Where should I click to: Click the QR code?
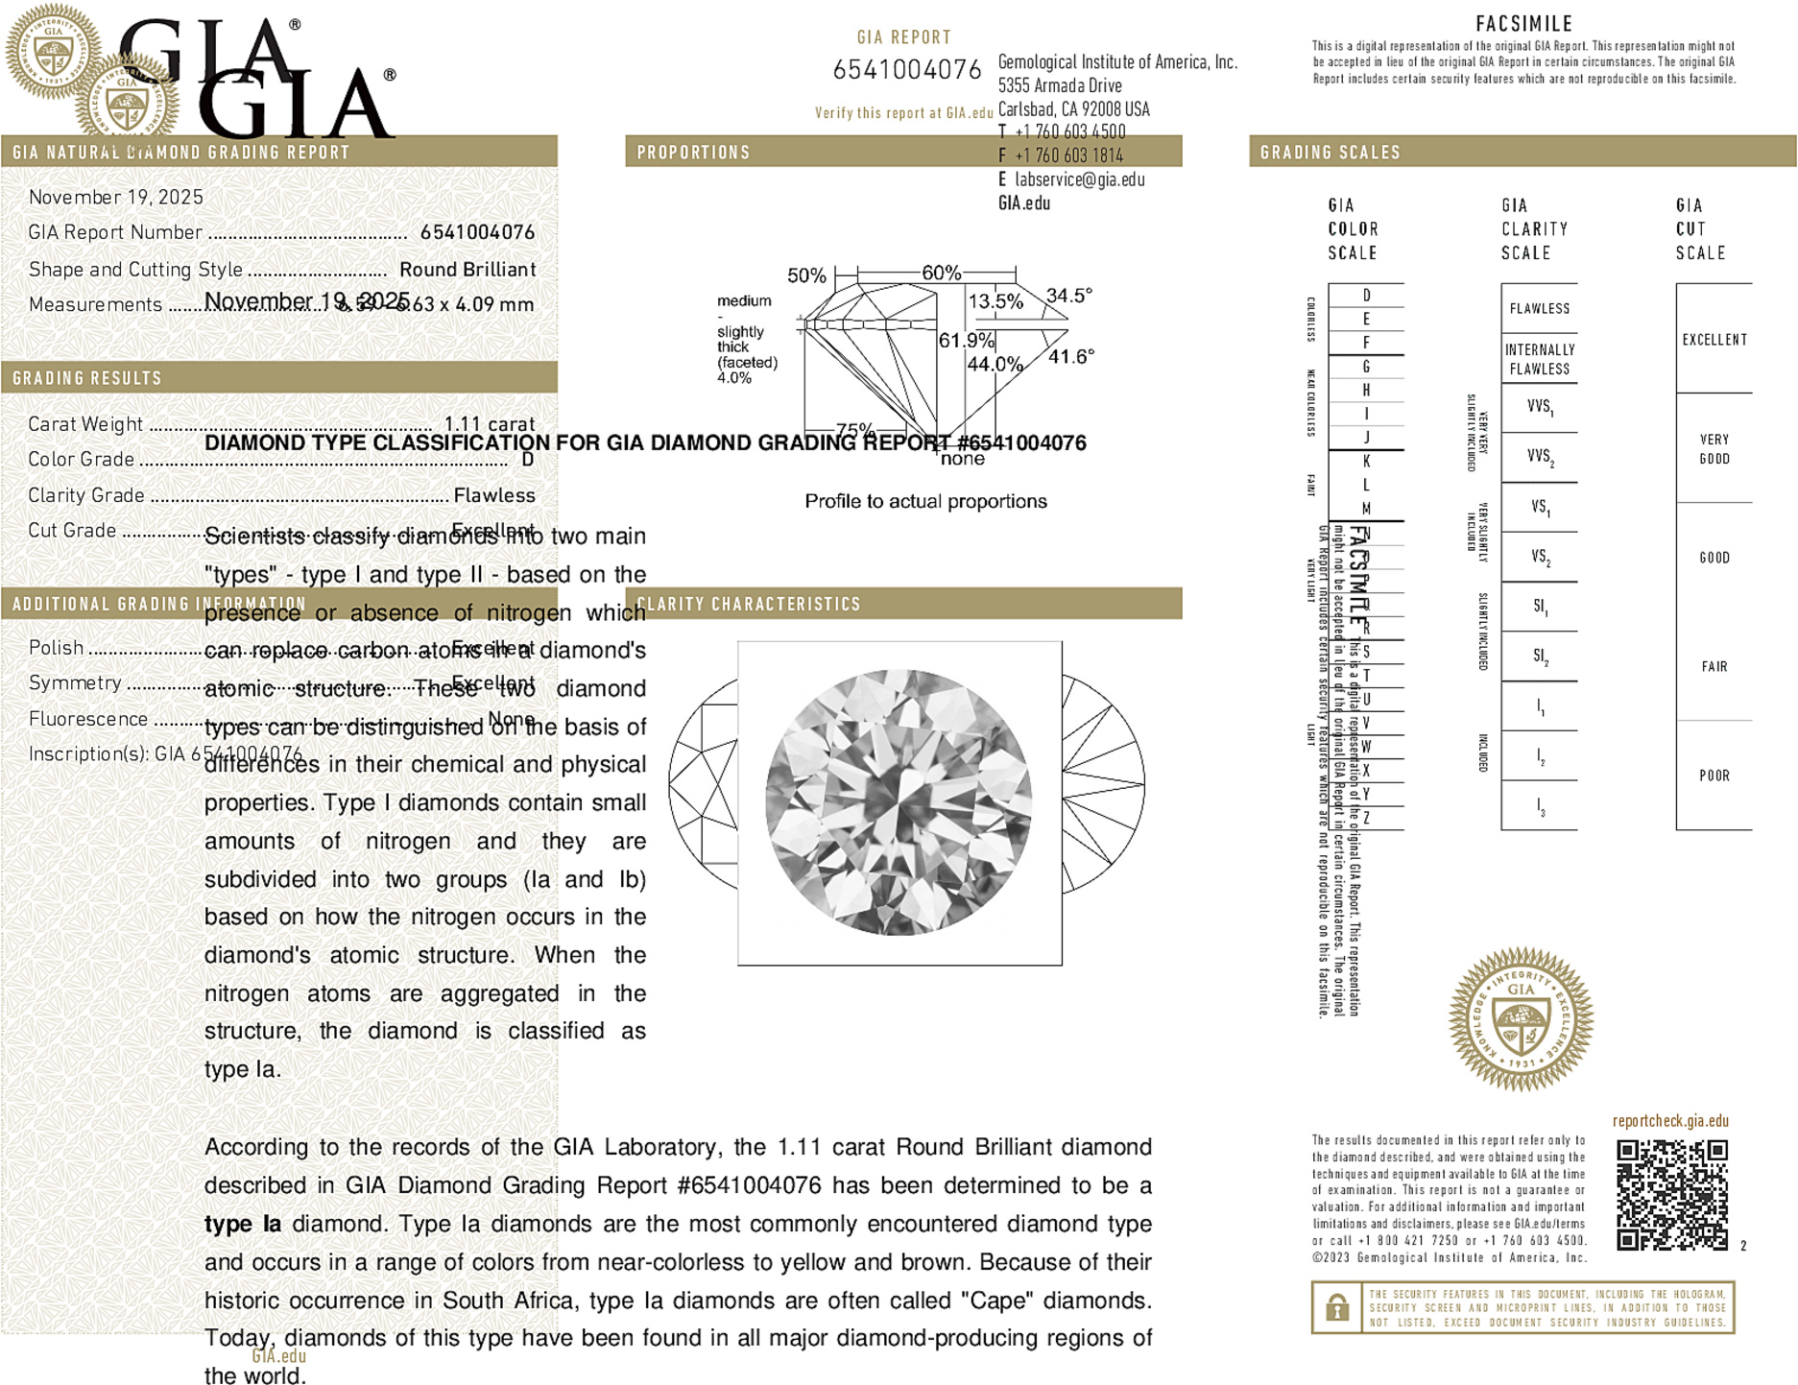pyautogui.click(x=1671, y=1194)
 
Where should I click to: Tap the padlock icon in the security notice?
pyautogui.click(x=1336, y=1307)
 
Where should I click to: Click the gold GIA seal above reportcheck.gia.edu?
pyautogui.click(x=1521, y=1019)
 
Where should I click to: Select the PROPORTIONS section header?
pyautogui.click(x=693, y=153)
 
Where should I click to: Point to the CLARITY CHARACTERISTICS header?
pyautogui.click(x=749, y=604)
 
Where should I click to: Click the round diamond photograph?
pyautogui.click(x=899, y=802)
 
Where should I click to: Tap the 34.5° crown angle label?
pyautogui.click(x=1068, y=296)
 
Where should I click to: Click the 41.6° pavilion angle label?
pyautogui.click(x=1070, y=357)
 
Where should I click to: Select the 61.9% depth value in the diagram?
pyautogui.click(x=966, y=341)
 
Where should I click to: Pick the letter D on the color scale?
pyautogui.click(x=1366, y=296)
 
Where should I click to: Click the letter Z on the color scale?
pyautogui.click(x=1366, y=818)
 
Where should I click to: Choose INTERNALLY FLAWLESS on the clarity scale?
pyautogui.click(x=1539, y=359)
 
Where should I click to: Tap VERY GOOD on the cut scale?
pyautogui.click(x=1714, y=449)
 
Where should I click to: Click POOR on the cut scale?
pyautogui.click(x=1714, y=776)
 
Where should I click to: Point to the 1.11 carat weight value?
pyautogui.click(x=489, y=424)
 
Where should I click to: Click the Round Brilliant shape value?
pyautogui.click(x=467, y=270)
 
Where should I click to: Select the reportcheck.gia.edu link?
pyautogui.click(x=1670, y=1121)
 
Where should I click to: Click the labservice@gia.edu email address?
pyautogui.click(x=1079, y=179)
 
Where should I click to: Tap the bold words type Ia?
pyautogui.click(x=243, y=1224)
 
